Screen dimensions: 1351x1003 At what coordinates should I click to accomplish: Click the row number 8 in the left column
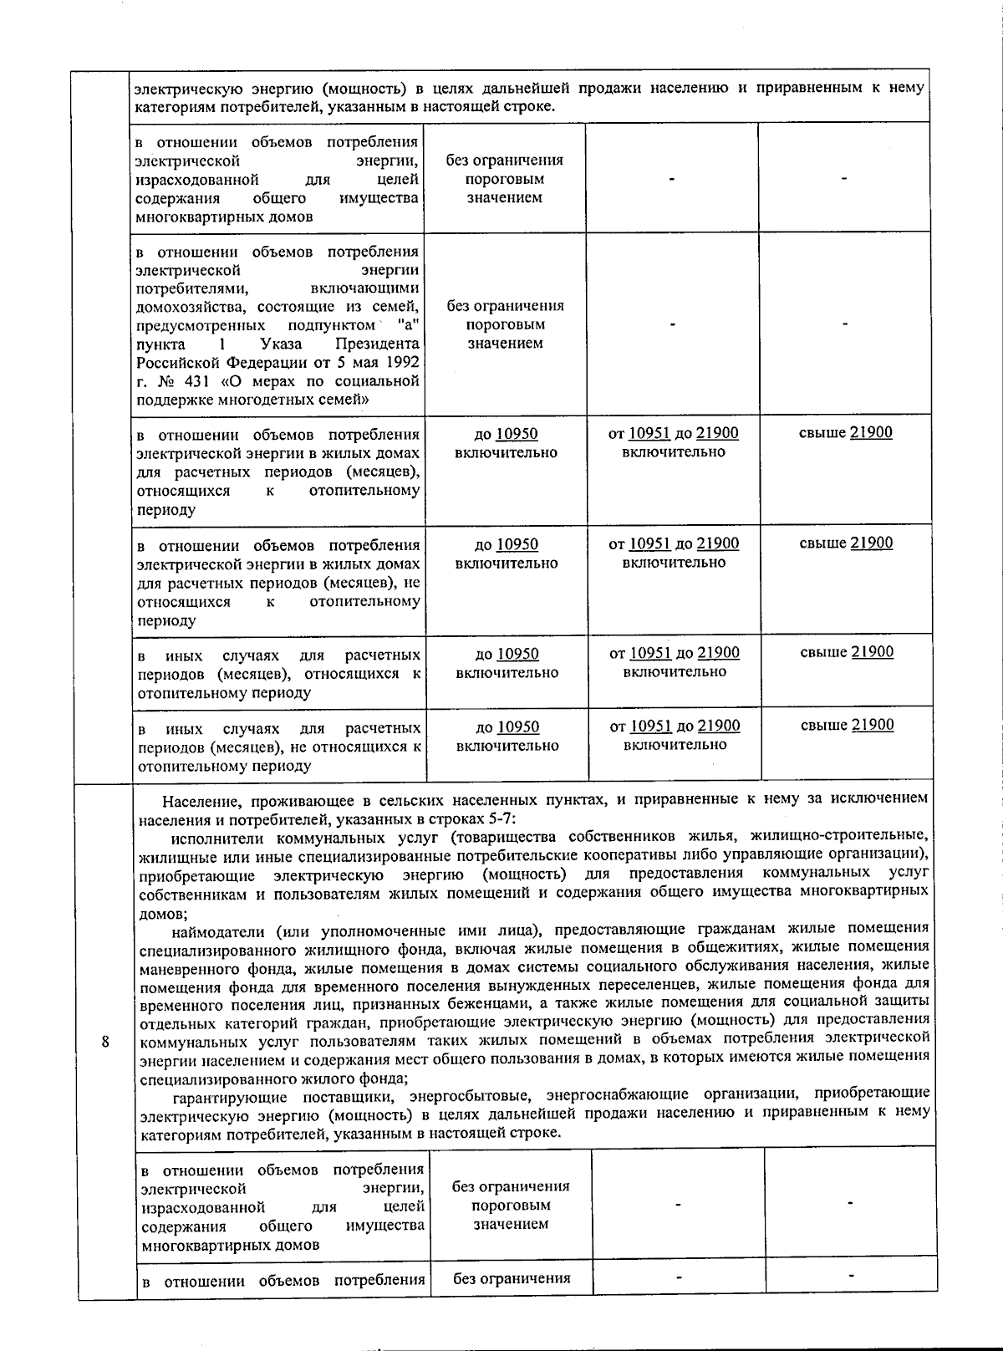(104, 1042)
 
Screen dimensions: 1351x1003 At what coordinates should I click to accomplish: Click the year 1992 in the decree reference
(401, 362)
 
